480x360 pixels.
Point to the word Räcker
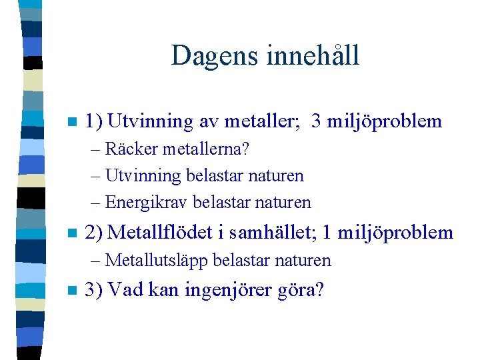[131, 149]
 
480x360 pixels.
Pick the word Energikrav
[147, 201]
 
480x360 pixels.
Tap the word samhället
[266, 232]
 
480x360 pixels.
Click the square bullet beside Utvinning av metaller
[71, 123]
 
